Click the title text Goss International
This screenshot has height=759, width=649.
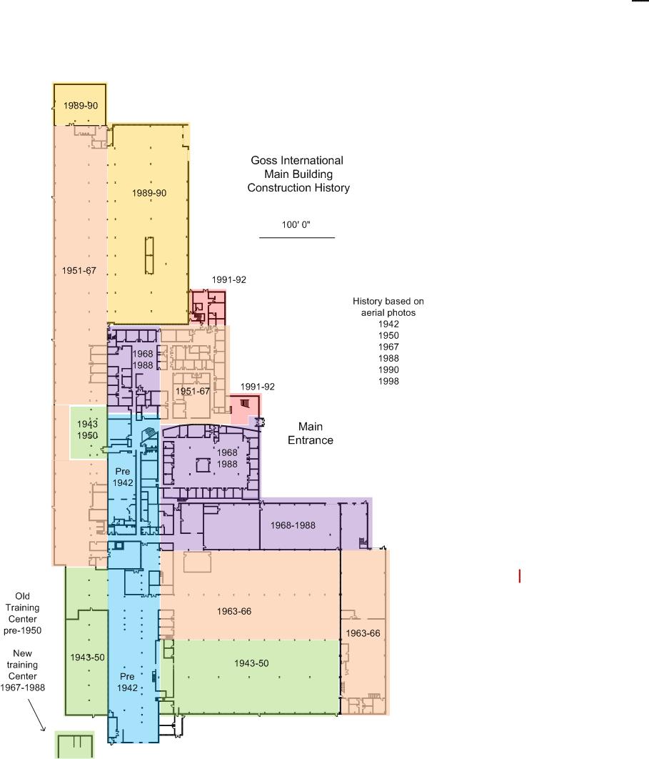(297, 160)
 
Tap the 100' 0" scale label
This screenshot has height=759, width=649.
(296, 224)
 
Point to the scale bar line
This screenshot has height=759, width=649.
(297, 238)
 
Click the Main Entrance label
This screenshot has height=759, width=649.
(311, 433)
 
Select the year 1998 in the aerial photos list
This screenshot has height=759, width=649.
(388, 381)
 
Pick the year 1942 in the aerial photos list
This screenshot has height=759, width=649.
(388, 324)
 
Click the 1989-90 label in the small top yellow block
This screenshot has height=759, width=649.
(81, 105)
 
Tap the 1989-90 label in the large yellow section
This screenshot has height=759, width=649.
(149, 193)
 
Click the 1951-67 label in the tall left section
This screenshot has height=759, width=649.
(79, 271)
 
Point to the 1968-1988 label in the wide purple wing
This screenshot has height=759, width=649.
(293, 525)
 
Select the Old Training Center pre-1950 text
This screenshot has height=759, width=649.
(22, 613)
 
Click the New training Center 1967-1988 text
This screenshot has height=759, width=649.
(22, 670)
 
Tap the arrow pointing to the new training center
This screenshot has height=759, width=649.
(36, 713)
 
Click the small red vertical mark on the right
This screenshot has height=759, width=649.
(519, 576)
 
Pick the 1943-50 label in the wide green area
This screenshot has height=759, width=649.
(251, 663)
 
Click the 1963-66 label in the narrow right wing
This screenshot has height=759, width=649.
(363, 633)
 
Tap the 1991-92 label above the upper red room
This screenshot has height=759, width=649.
(228, 279)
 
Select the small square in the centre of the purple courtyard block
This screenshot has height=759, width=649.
(203, 465)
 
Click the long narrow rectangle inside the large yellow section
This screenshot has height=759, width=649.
(149, 256)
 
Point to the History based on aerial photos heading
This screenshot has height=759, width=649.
(388, 307)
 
